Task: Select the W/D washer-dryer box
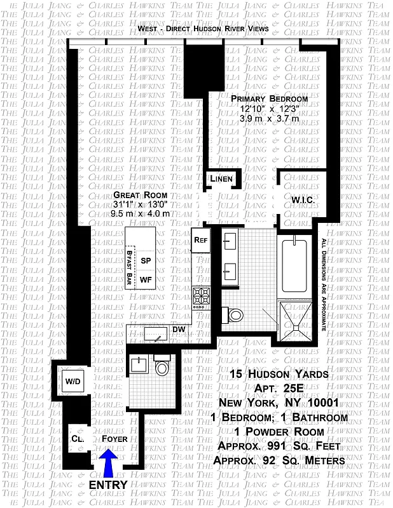click(x=72, y=382)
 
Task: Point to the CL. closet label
click(x=76, y=439)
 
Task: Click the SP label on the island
click(x=146, y=261)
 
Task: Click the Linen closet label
click(x=221, y=180)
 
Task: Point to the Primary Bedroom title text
click(x=269, y=99)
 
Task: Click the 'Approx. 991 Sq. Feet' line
click(x=280, y=446)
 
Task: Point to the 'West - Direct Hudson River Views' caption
click(x=202, y=29)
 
